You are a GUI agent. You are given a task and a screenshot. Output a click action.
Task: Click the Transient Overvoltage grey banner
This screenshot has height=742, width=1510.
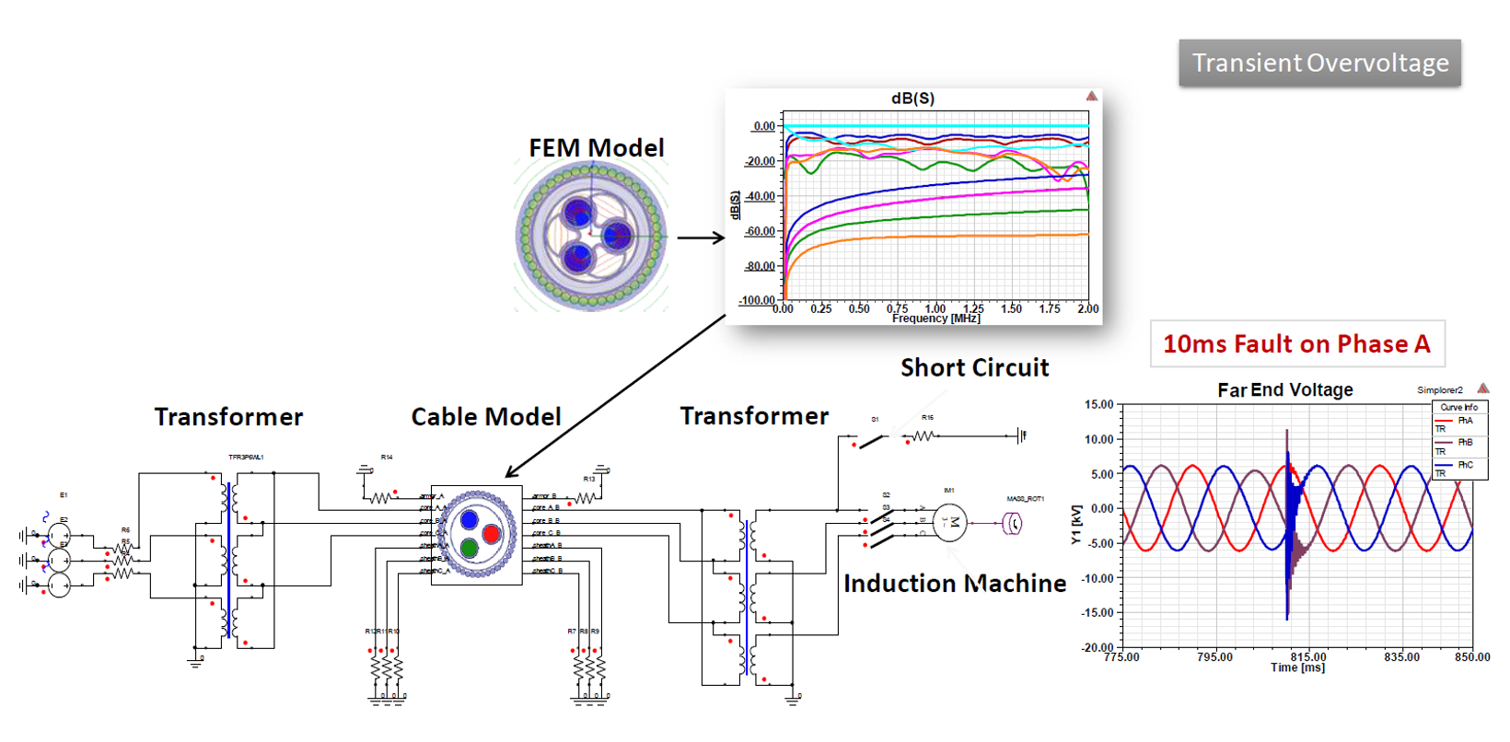click(1319, 63)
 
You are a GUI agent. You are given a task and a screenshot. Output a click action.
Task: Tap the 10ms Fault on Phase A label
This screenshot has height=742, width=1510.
click(1296, 344)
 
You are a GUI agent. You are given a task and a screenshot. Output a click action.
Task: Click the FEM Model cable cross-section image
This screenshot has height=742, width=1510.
click(592, 236)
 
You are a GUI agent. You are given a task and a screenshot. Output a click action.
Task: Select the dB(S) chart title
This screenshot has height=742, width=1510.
click(912, 99)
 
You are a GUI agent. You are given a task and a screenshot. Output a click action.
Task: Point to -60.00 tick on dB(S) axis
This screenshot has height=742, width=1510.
click(761, 231)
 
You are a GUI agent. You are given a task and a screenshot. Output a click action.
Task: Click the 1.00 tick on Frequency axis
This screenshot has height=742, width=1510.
click(935, 308)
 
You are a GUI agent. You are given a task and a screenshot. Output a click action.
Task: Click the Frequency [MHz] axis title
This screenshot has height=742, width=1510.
click(935, 319)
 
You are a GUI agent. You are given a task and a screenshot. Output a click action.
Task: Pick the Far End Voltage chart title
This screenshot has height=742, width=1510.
click(1284, 389)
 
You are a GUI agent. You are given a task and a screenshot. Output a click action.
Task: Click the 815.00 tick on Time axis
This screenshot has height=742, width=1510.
click(1307, 656)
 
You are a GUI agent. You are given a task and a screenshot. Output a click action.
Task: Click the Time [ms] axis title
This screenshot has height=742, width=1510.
click(1297, 667)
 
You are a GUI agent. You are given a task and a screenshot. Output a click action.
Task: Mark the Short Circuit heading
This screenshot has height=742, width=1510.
click(974, 368)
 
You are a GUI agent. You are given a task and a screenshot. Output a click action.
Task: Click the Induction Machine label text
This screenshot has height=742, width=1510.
click(954, 584)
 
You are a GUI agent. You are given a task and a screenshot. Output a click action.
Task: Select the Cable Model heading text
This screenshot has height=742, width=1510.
click(485, 417)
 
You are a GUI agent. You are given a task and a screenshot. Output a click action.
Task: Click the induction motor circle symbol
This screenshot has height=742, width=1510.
click(951, 523)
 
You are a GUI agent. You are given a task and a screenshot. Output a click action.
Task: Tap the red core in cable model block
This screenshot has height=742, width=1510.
click(491, 534)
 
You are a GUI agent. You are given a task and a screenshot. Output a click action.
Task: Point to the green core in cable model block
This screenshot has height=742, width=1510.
click(469, 549)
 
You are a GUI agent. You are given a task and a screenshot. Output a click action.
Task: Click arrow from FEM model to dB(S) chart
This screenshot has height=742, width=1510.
click(701, 238)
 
